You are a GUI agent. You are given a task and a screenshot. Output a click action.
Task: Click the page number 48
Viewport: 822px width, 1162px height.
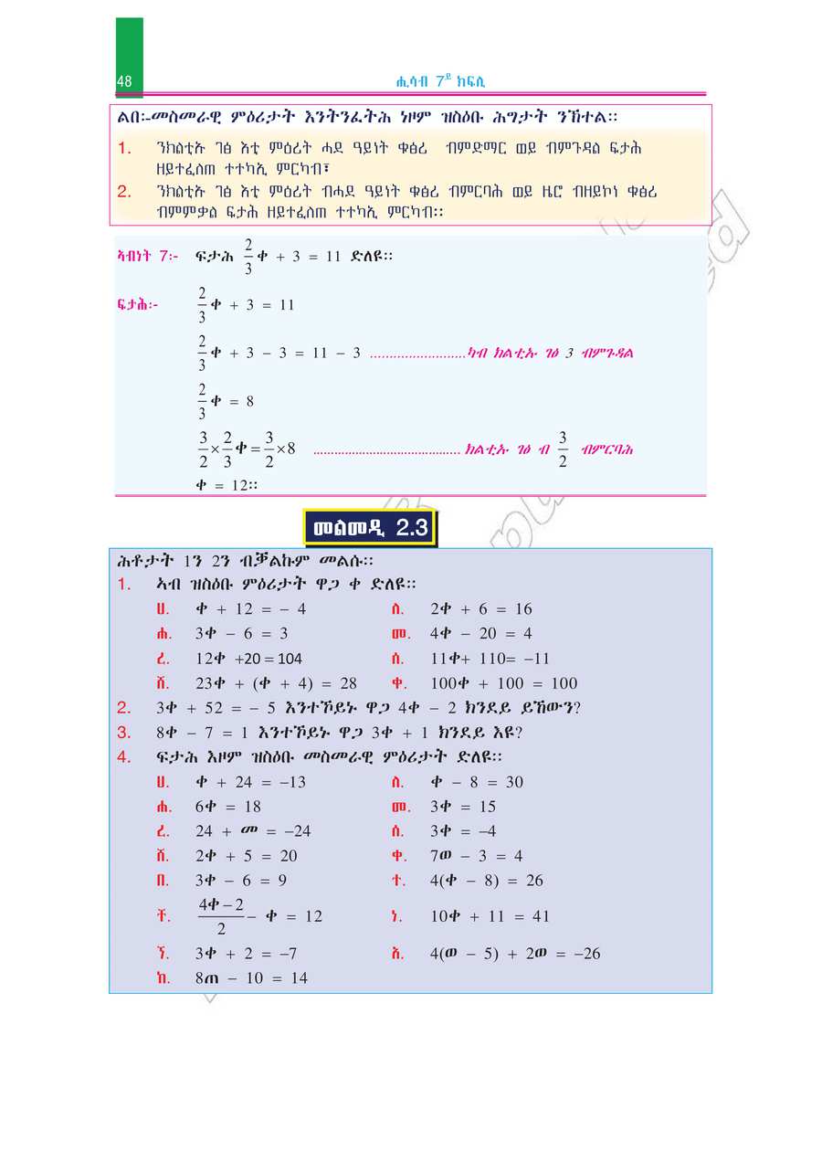125,82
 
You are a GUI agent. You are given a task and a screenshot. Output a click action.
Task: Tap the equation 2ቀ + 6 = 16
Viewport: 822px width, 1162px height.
480,609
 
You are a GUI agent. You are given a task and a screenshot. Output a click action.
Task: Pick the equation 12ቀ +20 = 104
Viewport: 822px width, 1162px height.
248,659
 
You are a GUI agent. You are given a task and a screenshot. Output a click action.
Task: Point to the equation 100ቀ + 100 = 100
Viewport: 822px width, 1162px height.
503,683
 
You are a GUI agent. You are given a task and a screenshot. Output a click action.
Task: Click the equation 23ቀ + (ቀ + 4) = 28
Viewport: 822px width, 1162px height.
276,683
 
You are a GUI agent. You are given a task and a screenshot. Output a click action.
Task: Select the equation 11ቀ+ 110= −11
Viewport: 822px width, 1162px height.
490,659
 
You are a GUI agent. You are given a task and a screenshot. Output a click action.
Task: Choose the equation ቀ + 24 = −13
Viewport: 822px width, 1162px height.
250,782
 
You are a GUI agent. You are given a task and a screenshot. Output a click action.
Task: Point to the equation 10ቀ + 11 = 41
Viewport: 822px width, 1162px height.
490,916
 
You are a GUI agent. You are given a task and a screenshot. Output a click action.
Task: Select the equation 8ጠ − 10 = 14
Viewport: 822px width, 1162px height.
251,978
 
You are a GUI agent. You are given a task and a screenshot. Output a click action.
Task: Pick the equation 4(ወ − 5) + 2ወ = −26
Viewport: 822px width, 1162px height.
514,954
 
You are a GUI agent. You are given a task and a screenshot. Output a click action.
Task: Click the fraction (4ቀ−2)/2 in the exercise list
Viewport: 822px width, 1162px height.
221,916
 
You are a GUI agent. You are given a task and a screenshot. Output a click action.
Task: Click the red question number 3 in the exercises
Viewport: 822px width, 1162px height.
125,733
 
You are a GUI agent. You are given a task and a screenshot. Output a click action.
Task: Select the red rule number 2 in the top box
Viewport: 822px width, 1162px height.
125,192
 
